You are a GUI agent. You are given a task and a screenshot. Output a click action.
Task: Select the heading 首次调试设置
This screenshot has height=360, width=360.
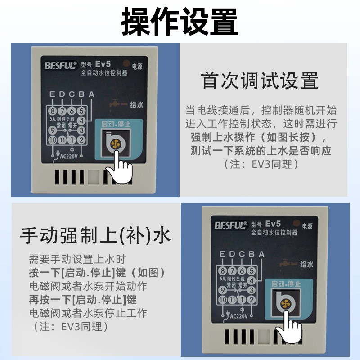coord(260,81)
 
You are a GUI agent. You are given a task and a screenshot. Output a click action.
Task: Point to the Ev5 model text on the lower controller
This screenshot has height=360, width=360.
coord(273,224)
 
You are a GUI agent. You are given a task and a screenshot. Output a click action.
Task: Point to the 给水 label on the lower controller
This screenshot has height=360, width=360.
coord(306,265)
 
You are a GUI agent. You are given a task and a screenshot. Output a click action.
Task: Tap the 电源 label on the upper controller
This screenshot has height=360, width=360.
coord(137,65)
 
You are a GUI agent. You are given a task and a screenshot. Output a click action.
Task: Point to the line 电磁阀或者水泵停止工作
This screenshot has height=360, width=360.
coord(88,312)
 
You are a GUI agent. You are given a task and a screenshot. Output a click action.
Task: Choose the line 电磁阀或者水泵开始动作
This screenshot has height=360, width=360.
coord(88,286)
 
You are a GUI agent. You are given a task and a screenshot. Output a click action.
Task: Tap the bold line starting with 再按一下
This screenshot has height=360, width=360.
coord(83,299)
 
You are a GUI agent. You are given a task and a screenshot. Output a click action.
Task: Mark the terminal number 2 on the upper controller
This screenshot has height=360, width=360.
coord(81,139)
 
